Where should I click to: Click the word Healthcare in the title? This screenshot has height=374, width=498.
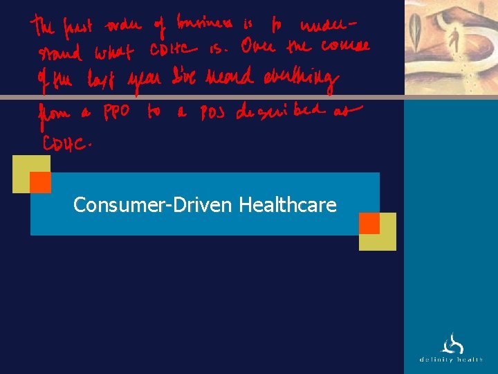click(287, 205)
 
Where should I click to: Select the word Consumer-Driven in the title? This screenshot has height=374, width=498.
click(154, 205)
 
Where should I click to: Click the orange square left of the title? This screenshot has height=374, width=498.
click(40, 182)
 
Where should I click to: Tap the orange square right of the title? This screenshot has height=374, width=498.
click(369, 223)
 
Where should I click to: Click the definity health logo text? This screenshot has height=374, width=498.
click(451, 359)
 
